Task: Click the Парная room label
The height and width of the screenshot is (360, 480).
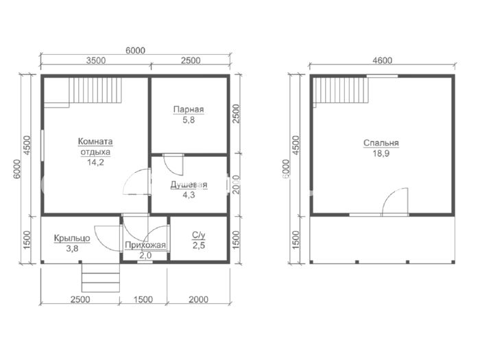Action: (189, 110)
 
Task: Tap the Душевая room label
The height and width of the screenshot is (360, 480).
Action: (189, 184)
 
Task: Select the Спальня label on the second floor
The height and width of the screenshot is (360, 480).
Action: (381, 143)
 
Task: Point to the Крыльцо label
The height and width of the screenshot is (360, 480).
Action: (72, 238)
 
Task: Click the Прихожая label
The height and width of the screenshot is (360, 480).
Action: (145, 245)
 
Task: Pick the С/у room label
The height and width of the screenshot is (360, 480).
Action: (199, 235)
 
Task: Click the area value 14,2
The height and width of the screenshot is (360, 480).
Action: (95, 163)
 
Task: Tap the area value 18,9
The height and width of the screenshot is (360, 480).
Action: (381, 154)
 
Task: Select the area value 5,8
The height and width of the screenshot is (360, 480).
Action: (189, 120)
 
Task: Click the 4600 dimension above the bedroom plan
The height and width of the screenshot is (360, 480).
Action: (383, 60)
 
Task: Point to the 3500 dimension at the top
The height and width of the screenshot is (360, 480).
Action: (95, 60)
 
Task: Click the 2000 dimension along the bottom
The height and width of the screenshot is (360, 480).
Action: (198, 299)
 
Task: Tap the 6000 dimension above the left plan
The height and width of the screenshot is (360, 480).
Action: (135, 50)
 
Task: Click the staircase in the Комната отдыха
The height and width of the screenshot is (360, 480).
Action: (95, 91)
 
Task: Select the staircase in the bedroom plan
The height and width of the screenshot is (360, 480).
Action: (342, 91)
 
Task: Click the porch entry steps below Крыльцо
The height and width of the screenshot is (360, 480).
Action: (100, 277)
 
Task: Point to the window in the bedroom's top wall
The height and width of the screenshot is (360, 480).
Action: (382, 76)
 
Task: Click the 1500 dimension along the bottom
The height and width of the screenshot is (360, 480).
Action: (143, 299)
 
